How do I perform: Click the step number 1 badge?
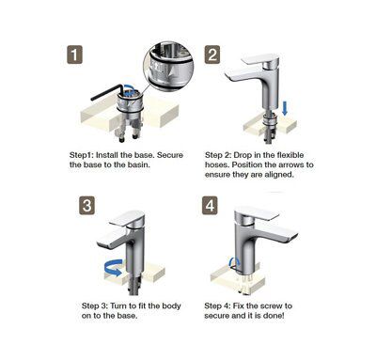[x=74, y=55]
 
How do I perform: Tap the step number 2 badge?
[x=212, y=55]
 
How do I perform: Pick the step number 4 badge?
[x=210, y=206]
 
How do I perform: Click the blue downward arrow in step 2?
[x=285, y=108]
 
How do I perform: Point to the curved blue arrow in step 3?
[x=113, y=268]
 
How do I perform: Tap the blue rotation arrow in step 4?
[x=234, y=262]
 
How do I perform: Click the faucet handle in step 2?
[x=261, y=59]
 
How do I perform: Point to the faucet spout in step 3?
[x=111, y=240]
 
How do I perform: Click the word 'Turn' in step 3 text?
[x=118, y=305]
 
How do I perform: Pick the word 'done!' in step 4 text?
[x=274, y=316]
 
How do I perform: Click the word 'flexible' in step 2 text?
[x=288, y=155]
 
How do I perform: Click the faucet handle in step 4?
[x=257, y=214]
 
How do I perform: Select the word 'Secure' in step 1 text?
[x=170, y=155]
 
